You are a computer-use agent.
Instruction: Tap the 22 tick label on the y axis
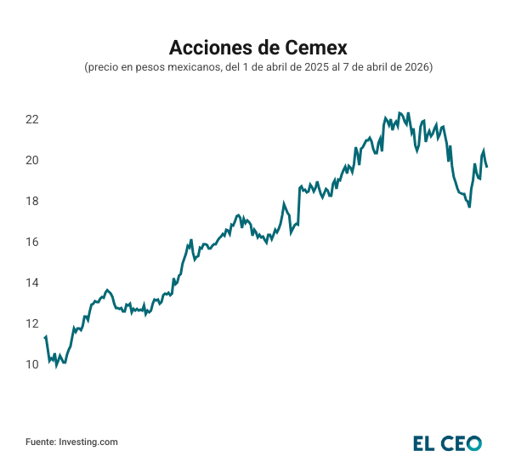pyautogui.click(x=32, y=119)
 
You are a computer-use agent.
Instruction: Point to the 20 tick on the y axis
pyautogui.click(x=32, y=160)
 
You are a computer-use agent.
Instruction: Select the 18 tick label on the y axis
pyautogui.click(x=32, y=201)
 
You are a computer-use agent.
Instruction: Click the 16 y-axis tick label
pyautogui.click(x=32, y=242)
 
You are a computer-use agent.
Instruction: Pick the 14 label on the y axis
pyautogui.click(x=32, y=283)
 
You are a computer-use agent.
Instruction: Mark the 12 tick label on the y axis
pyautogui.click(x=32, y=323)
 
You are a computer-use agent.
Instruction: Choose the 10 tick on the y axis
pyautogui.click(x=32, y=364)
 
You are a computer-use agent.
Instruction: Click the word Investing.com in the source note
pyautogui.click(x=88, y=442)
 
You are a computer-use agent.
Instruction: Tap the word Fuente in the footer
pyautogui.click(x=40, y=442)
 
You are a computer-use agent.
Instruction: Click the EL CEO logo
pyautogui.click(x=447, y=442)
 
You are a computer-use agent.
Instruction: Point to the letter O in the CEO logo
pyautogui.click(x=473, y=442)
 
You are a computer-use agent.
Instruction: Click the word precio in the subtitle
pyautogui.click(x=103, y=67)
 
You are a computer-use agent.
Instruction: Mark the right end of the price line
pyautogui.click(x=487, y=167)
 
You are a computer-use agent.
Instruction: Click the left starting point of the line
pyautogui.click(x=44, y=338)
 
